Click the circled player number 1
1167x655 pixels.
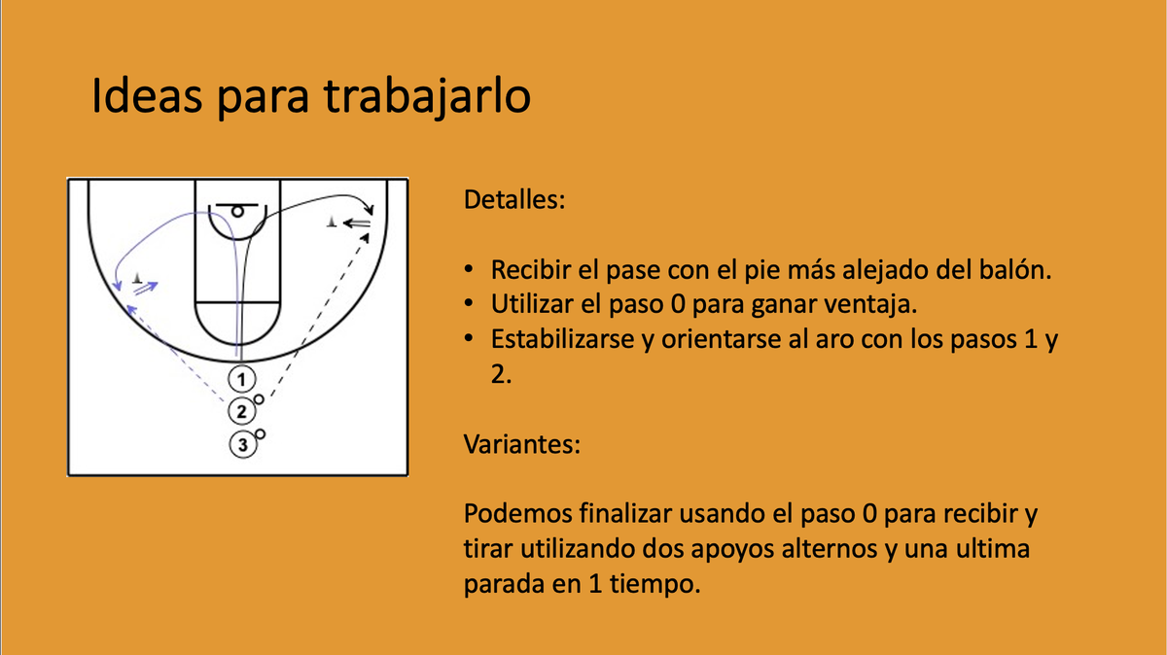click(x=242, y=377)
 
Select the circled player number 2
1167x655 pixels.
click(x=240, y=411)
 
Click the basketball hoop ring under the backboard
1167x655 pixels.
click(x=236, y=211)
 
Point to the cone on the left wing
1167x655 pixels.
click(x=138, y=279)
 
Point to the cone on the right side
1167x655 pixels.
click(x=334, y=223)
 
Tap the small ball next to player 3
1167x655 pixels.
click(x=261, y=433)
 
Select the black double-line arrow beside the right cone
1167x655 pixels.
click(x=359, y=224)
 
